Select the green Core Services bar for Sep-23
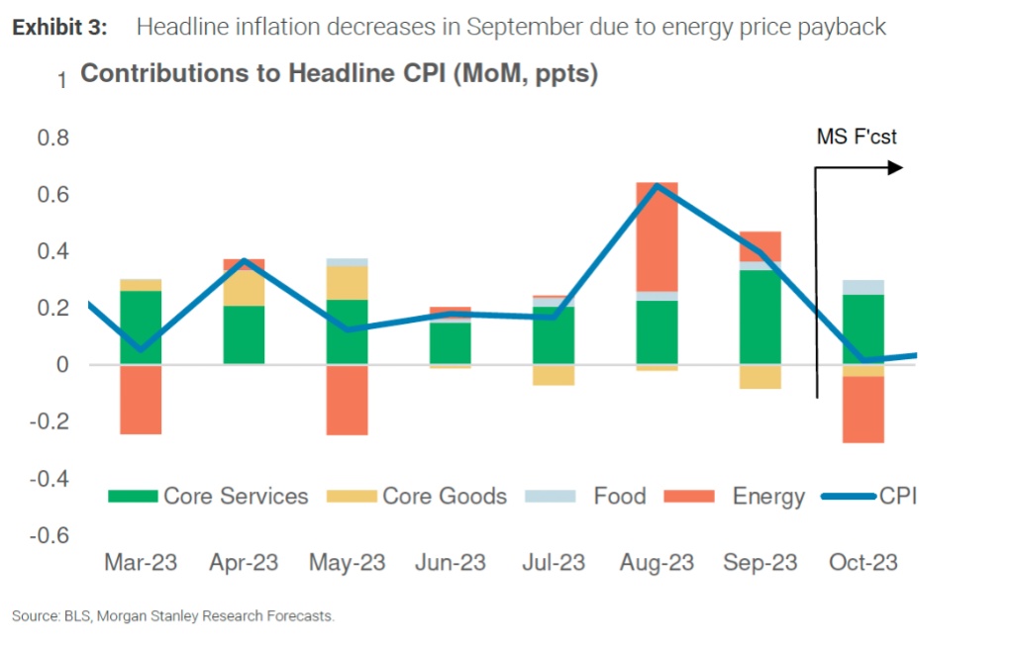pos(760,317)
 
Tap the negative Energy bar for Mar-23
pos(141,400)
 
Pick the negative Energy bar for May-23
pos(347,400)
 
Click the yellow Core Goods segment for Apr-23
pos(244,288)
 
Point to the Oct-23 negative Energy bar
pos(862,410)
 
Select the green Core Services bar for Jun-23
pos(451,343)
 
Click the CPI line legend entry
pos(871,496)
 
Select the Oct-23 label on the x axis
pos(861,563)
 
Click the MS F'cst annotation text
pos(857,137)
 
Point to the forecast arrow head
pos(896,168)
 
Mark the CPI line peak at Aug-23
pos(657,186)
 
